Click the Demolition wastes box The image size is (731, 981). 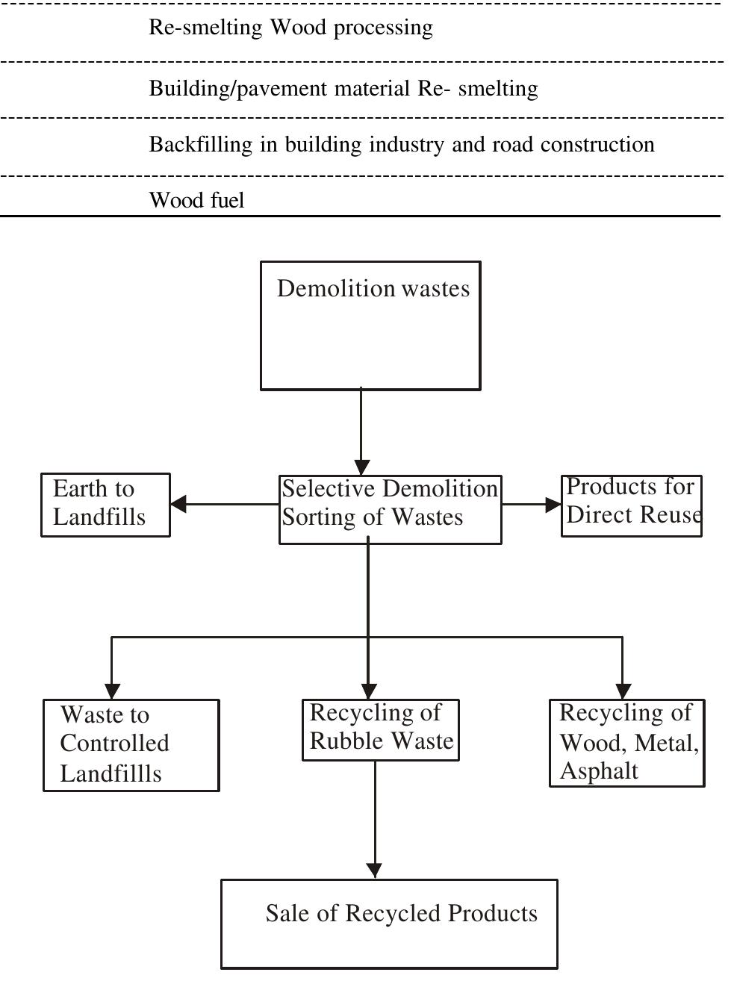click(x=370, y=326)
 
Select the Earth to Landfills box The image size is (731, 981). click(x=105, y=505)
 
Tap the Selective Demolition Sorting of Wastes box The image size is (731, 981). click(x=390, y=509)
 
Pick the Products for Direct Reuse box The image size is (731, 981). click(x=631, y=505)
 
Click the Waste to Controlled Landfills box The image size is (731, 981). click(x=131, y=745)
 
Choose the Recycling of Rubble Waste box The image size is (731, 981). click(x=380, y=730)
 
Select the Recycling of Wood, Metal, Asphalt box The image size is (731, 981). click(x=627, y=743)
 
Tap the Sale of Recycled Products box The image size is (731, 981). click(x=389, y=924)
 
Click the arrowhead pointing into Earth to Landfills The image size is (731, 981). click(x=178, y=504)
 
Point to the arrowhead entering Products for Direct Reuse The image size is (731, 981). click(x=553, y=505)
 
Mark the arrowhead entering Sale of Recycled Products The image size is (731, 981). click(x=374, y=871)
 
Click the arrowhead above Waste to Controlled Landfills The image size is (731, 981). click(x=111, y=691)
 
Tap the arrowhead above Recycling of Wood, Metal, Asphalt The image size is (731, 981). click(x=623, y=691)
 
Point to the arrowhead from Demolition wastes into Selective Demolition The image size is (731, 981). click(x=361, y=467)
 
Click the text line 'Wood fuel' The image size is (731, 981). click(x=196, y=200)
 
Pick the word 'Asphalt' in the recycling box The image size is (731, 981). click(x=599, y=771)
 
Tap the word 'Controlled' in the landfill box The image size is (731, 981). click(x=114, y=744)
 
